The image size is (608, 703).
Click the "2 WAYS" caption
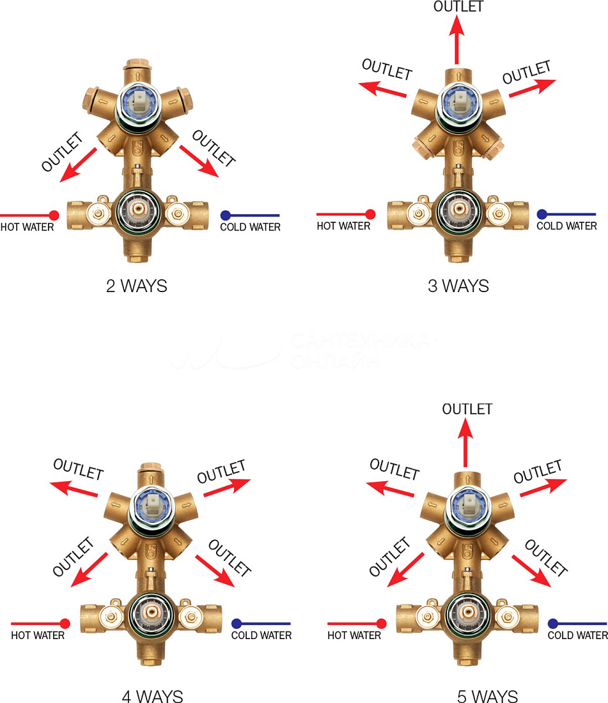[136, 286]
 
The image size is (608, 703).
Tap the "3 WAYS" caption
[458, 286]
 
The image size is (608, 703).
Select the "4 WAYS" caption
[152, 696]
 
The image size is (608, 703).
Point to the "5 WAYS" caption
[487, 696]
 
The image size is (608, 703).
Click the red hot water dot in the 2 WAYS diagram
[54, 215]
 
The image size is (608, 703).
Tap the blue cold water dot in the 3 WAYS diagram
[542, 214]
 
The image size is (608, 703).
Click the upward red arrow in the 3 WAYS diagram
[457, 40]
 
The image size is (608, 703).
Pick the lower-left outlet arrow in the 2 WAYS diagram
[78, 164]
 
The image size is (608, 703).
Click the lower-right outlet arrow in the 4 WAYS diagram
[215, 571]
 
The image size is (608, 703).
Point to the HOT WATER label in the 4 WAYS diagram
[38, 635]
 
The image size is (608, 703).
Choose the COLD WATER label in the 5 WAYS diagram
[577, 635]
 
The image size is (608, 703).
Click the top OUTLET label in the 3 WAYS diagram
[458, 6]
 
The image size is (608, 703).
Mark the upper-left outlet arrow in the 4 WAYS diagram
[74, 489]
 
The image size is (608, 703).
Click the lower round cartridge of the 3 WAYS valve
[458, 210]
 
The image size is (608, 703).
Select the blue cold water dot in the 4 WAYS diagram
[237, 623]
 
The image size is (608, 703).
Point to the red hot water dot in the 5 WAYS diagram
[382, 623]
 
